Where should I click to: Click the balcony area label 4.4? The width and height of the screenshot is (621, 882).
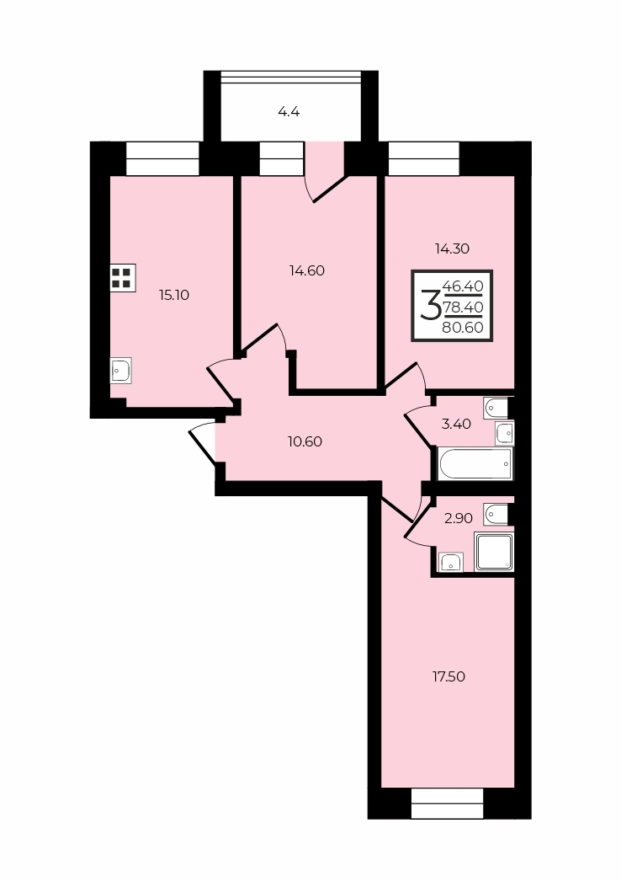289,111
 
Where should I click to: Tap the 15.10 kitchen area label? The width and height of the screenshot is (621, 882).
173,295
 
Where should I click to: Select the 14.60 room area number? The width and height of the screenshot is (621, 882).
307,270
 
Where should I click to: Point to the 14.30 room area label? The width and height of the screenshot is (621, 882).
452,249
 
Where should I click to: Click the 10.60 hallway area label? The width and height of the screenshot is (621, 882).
305,441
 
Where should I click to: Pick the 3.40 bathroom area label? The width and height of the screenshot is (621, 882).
456,424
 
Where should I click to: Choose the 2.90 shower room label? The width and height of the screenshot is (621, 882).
459,518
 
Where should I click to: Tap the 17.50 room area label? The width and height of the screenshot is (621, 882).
448,676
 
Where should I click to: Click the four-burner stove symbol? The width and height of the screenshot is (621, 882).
122,278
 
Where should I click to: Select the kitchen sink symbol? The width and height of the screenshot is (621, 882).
120,371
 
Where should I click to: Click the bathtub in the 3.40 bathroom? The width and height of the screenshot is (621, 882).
475,464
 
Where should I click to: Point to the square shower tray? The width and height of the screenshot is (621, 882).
494,551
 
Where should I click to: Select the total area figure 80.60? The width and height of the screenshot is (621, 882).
463,328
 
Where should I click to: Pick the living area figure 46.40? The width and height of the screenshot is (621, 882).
463,286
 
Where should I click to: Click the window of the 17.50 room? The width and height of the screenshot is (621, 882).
448,803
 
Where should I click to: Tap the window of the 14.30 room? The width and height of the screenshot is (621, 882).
424,158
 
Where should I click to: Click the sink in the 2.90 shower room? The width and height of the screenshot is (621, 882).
452,561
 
